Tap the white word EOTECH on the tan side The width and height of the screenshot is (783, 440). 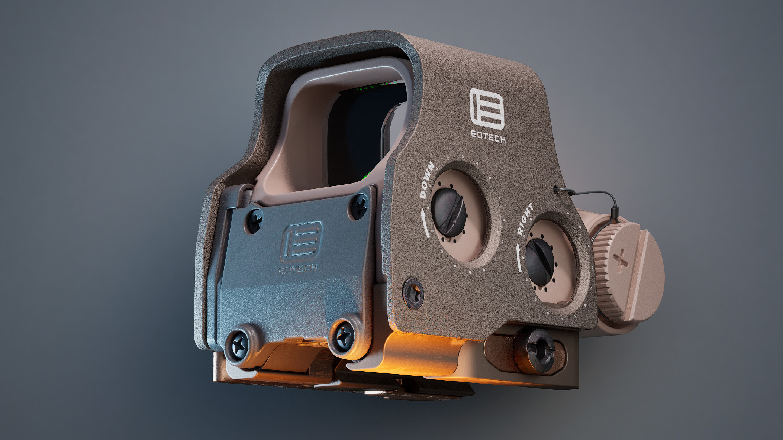488,136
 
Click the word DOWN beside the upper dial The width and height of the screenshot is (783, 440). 427,180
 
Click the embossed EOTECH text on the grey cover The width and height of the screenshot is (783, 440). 298,269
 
